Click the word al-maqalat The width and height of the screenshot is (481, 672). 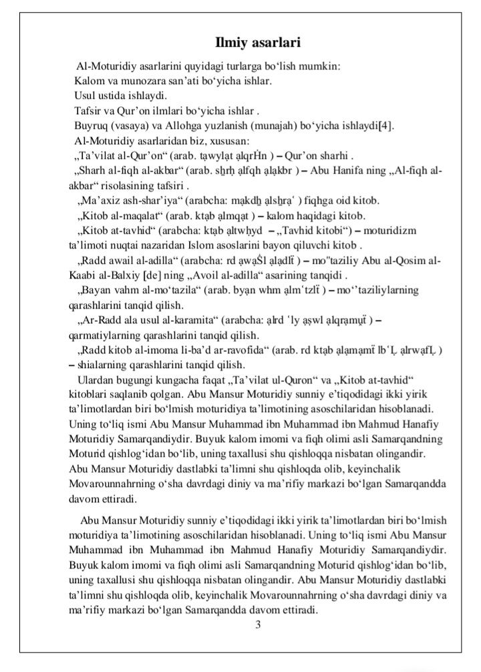pos(139,215)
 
